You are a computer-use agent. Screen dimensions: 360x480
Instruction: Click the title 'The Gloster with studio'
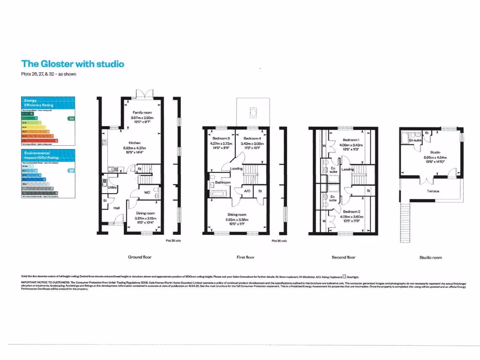[x=73, y=64]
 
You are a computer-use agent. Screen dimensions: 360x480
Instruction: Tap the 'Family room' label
[x=142, y=113]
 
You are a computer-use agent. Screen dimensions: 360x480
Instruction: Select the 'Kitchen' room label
[x=135, y=143]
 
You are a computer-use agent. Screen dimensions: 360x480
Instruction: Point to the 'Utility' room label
[x=112, y=187]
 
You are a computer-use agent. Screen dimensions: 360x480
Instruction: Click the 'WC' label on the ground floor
[x=147, y=192]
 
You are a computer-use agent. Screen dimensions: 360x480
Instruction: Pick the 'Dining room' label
[x=145, y=213]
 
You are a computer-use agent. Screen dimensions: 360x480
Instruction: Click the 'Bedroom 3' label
[x=221, y=139]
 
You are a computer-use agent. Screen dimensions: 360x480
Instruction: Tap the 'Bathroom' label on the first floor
[x=223, y=182]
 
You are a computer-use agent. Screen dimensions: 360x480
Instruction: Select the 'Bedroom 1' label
[x=351, y=140]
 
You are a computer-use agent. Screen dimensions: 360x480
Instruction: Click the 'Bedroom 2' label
[x=351, y=212]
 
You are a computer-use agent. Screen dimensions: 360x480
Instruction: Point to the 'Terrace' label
[x=433, y=191]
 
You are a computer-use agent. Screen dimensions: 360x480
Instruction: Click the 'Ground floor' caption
[x=140, y=257]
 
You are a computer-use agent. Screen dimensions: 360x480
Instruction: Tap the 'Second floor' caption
[x=344, y=257]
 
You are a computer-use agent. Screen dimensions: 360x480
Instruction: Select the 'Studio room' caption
[x=430, y=258]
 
